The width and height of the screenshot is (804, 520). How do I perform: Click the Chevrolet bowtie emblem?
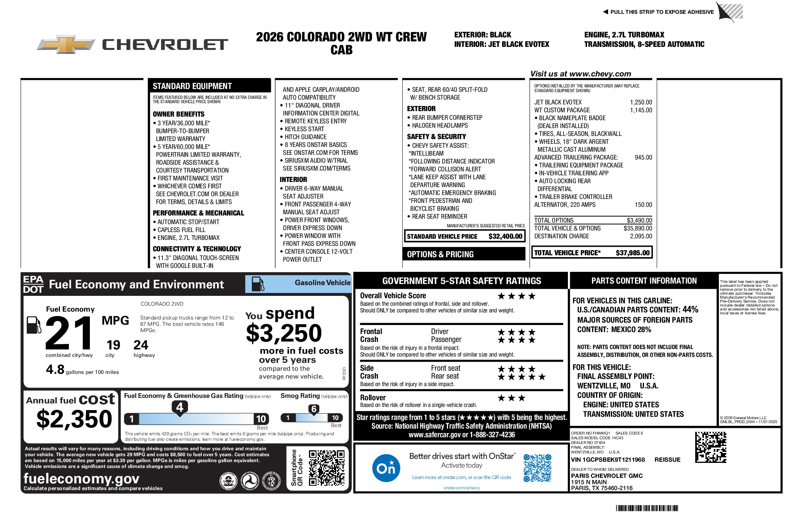coord(66,44)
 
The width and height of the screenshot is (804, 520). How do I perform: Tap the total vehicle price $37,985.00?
coord(632,253)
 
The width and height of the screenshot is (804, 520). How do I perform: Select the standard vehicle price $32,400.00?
coord(505,236)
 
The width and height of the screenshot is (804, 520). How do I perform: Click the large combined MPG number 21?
coord(69,333)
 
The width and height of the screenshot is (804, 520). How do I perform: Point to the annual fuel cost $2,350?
coord(74,418)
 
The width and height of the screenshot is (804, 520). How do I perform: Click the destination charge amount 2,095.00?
coord(641,236)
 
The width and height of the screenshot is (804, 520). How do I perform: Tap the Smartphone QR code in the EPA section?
coord(327,468)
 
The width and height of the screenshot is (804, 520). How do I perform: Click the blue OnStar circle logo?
coord(386,468)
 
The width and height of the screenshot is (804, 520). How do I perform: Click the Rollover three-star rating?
coord(511,398)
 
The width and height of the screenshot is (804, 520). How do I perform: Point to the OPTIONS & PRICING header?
coord(440,254)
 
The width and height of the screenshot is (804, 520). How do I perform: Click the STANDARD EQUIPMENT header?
coord(192,86)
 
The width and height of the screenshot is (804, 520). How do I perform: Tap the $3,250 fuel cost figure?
coord(284,333)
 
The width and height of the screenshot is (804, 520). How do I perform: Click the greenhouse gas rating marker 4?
coord(180,407)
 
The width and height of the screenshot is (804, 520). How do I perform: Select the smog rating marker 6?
coord(314,409)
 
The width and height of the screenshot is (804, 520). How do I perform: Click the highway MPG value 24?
coord(141,345)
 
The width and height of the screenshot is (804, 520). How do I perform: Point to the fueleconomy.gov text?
coord(81,478)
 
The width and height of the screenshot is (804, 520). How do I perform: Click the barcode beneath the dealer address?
coord(647,508)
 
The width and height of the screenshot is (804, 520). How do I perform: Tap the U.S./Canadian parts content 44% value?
coord(690,310)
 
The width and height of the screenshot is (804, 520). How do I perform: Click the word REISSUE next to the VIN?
coord(667,460)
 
